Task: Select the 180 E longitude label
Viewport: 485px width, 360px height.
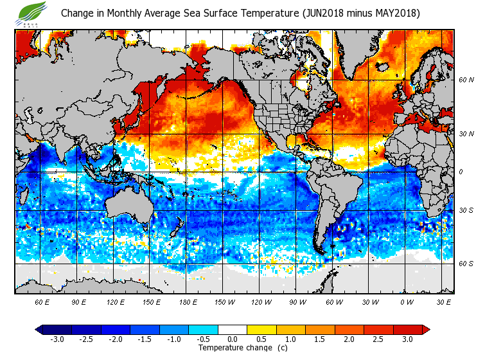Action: pos(188,301)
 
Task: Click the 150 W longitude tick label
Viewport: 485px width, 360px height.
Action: pos(224,301)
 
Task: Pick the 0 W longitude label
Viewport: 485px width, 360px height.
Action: pos(407,301)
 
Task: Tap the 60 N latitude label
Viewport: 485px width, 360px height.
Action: pos(466,80)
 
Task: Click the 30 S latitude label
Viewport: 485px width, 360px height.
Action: pos(466,211)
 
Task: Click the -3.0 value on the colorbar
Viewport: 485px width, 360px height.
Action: pos(57,339)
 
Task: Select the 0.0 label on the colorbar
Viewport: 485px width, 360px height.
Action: pos(233,339)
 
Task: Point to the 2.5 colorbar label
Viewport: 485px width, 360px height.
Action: pos(379,339)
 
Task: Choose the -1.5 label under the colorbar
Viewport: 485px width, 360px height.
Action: pos(145,339)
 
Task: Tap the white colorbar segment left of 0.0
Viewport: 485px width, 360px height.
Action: pos(218,329)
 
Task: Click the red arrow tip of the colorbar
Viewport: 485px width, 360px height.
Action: pos(426,329)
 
